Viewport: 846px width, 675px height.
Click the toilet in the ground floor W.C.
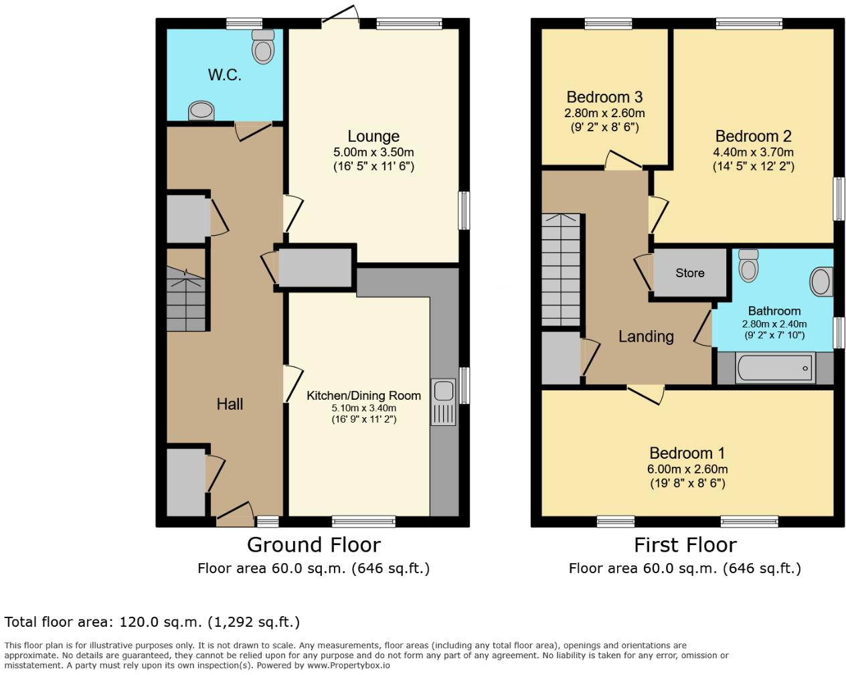(x=263, y=46)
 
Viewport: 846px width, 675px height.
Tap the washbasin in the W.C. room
(x=201, y=110)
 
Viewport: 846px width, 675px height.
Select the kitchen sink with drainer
(x=443, y=402)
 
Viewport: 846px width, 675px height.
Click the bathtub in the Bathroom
(x=775, y=368)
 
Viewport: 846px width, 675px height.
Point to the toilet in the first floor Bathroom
(x=748, y=267)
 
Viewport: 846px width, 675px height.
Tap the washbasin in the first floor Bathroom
(x=821, y=282)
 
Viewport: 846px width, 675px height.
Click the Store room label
(x=689, y=273)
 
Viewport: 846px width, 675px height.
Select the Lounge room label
(x=373, y=137)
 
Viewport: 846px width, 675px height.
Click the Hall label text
(x=230, y=404)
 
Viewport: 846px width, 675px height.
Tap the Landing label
(x=645, y=336)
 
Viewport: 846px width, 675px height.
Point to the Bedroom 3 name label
(x=604, y=98)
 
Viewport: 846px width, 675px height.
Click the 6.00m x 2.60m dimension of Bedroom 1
(x=687, y=469)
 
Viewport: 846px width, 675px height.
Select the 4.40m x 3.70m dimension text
(x=753, y=152)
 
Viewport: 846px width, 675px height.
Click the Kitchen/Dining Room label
(x=363, y=396)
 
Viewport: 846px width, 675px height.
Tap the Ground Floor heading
(x=313, y=544)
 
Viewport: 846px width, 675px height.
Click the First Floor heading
(x=685, y=544)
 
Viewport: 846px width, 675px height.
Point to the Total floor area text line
(x=152, y=622)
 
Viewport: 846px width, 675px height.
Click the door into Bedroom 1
(x=646, y=393)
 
